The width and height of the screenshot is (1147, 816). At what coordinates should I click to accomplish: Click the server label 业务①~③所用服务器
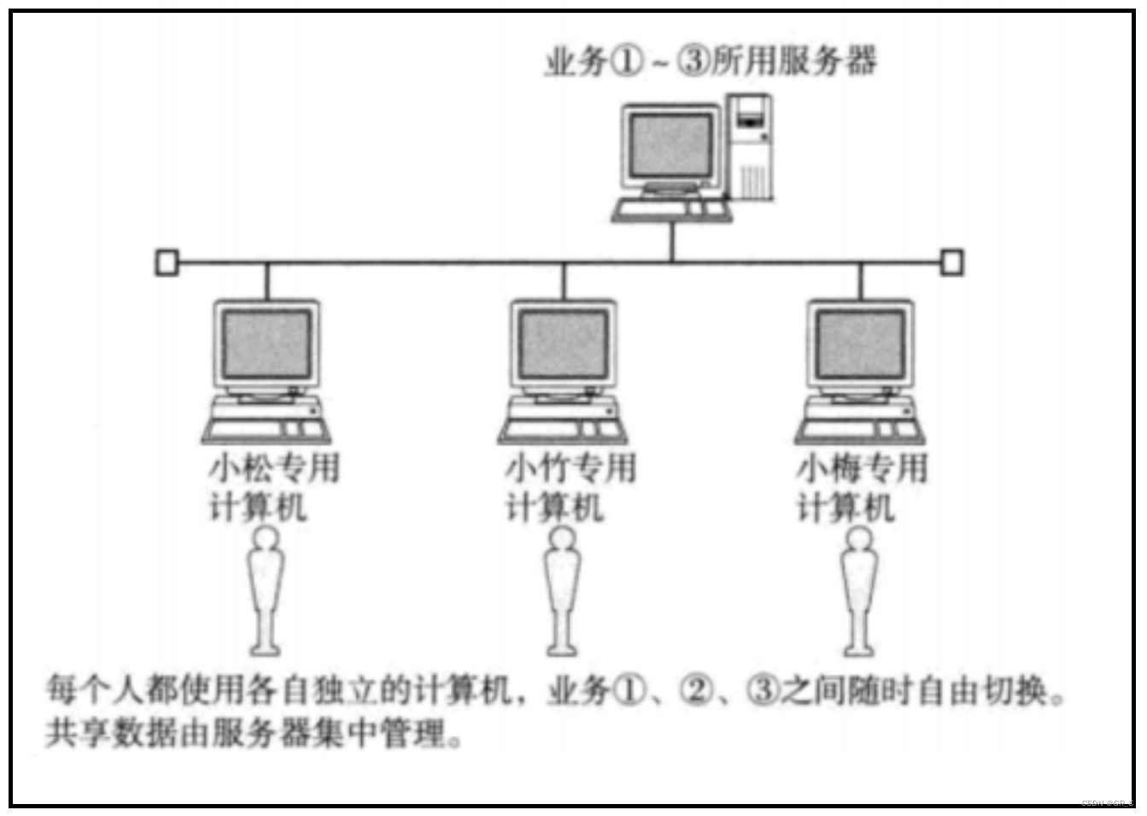pyautogui.click(x=711, y=62)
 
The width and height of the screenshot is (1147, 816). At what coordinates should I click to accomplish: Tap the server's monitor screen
pyautogui.click(x=670, y=146)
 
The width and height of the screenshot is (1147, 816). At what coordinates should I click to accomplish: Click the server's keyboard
pyautogui.click(x=671, y=209)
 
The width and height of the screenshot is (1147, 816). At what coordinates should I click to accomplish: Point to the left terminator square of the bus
pyautogui.click(x=167, y=262)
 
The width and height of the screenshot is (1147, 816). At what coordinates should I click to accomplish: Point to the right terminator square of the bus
pyautogui.click(x=951, y=262)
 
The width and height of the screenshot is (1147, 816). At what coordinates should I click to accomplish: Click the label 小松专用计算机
pyautogui.click(x=273, y=487)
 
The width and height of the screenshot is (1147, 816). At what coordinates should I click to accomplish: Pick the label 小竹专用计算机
pyautogui.click(x=570, y=487)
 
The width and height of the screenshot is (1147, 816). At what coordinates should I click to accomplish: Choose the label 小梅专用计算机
pyautogui.click(x=861, y=487)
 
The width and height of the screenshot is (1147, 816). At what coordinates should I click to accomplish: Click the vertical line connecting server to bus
pyautogui.click(x=672, y=243)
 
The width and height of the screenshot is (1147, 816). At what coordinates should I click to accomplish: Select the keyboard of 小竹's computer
pyautogui.click(x=563, y=430)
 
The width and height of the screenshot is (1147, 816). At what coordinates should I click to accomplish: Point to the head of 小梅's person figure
pyautogui.click(x=858, y=539)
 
